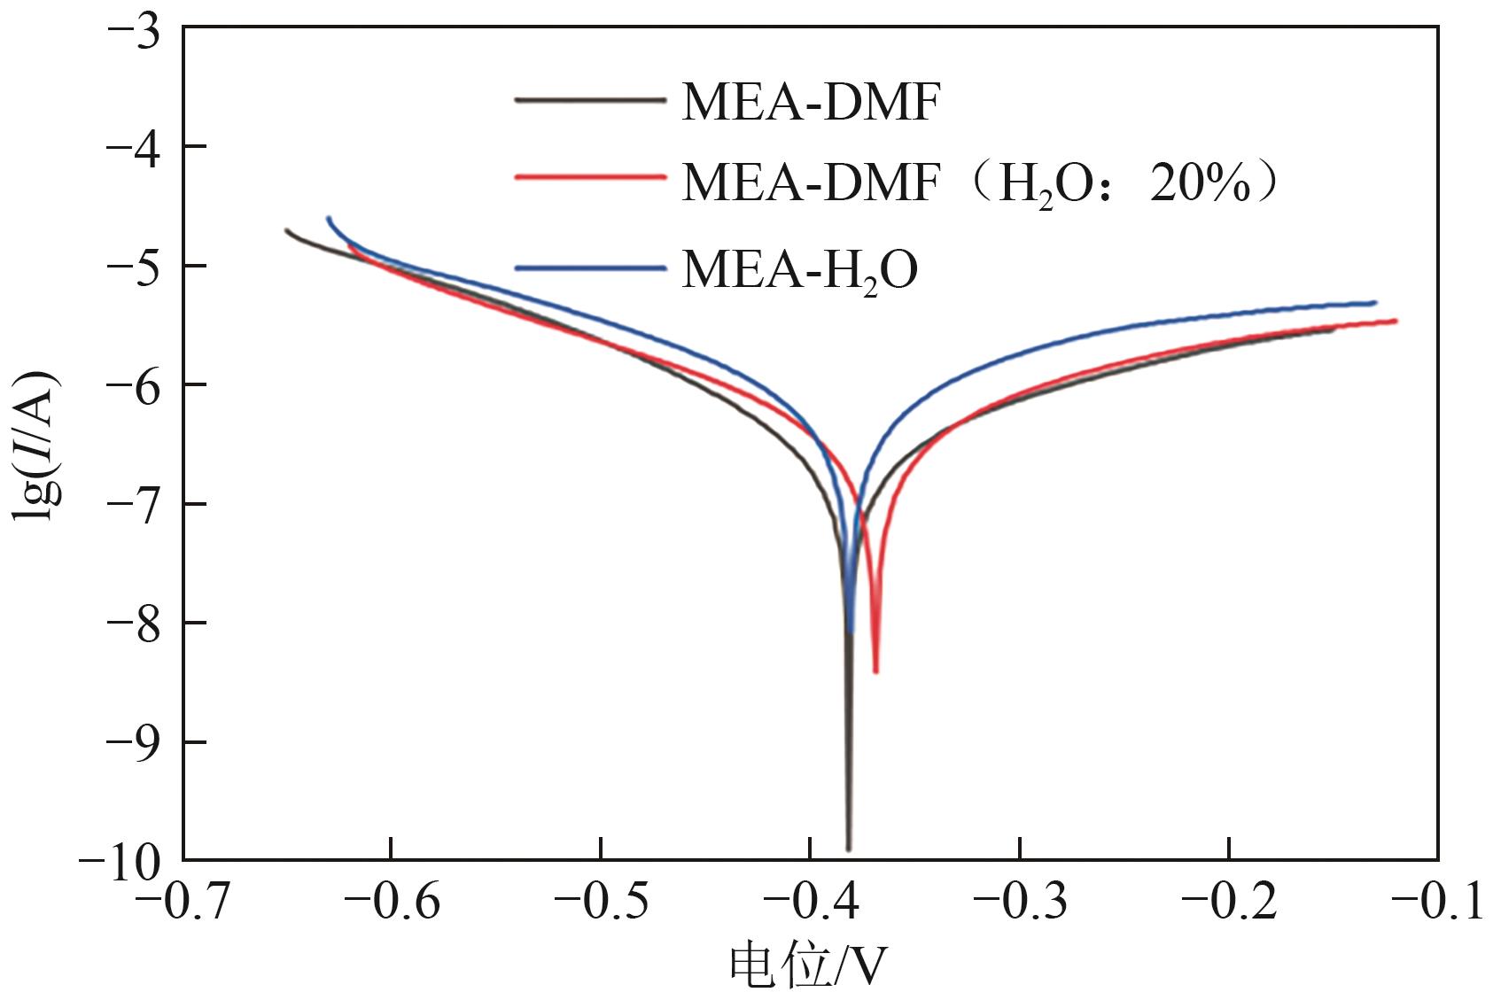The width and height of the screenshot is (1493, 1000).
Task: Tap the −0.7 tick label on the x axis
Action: (184, 904)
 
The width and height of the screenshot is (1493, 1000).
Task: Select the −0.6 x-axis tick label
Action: (393, 904)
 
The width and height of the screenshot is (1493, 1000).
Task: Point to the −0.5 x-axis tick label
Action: (602, 904)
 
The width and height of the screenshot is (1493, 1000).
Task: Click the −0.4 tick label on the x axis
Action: (811, 904)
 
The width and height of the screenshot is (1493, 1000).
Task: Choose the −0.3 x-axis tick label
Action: (1020, 904)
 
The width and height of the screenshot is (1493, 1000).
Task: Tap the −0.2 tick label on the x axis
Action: (1229, 904)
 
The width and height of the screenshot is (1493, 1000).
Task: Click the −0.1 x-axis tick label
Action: (1437, 904)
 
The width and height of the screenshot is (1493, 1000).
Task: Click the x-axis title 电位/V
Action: (807, 967)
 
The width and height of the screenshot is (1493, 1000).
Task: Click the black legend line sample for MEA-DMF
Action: (589, 100)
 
